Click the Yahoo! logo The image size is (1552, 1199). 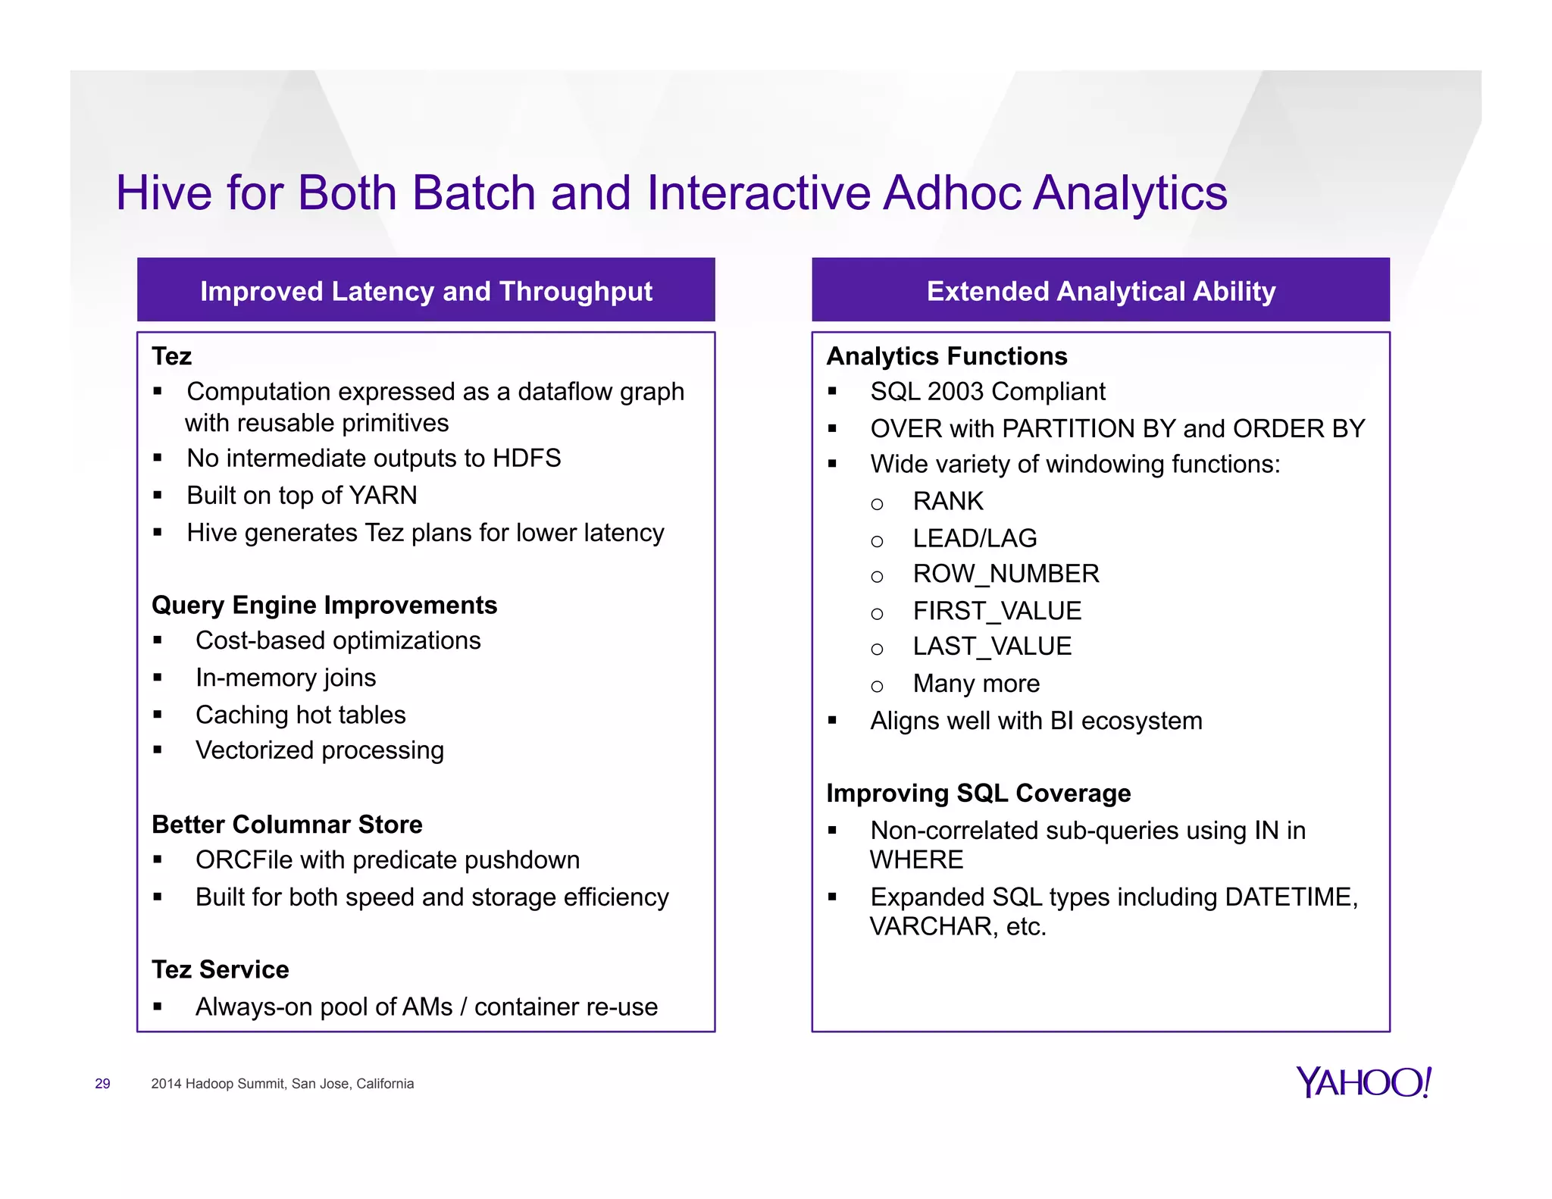1363,1082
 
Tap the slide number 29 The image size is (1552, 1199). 102,1084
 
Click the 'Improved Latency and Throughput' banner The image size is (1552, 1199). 426,291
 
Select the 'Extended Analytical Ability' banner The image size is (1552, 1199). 1100,291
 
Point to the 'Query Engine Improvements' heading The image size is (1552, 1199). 324,605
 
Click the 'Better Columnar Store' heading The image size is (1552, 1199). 286,824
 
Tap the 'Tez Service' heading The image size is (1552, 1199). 220,969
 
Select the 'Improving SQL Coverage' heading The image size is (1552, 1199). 978,793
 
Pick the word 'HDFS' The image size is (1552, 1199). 526,458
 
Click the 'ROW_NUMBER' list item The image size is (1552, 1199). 1006,574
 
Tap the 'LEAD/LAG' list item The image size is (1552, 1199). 975,538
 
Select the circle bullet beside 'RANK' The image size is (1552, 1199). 877,504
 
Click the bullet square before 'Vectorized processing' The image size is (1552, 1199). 158,750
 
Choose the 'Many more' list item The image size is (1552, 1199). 976,684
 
